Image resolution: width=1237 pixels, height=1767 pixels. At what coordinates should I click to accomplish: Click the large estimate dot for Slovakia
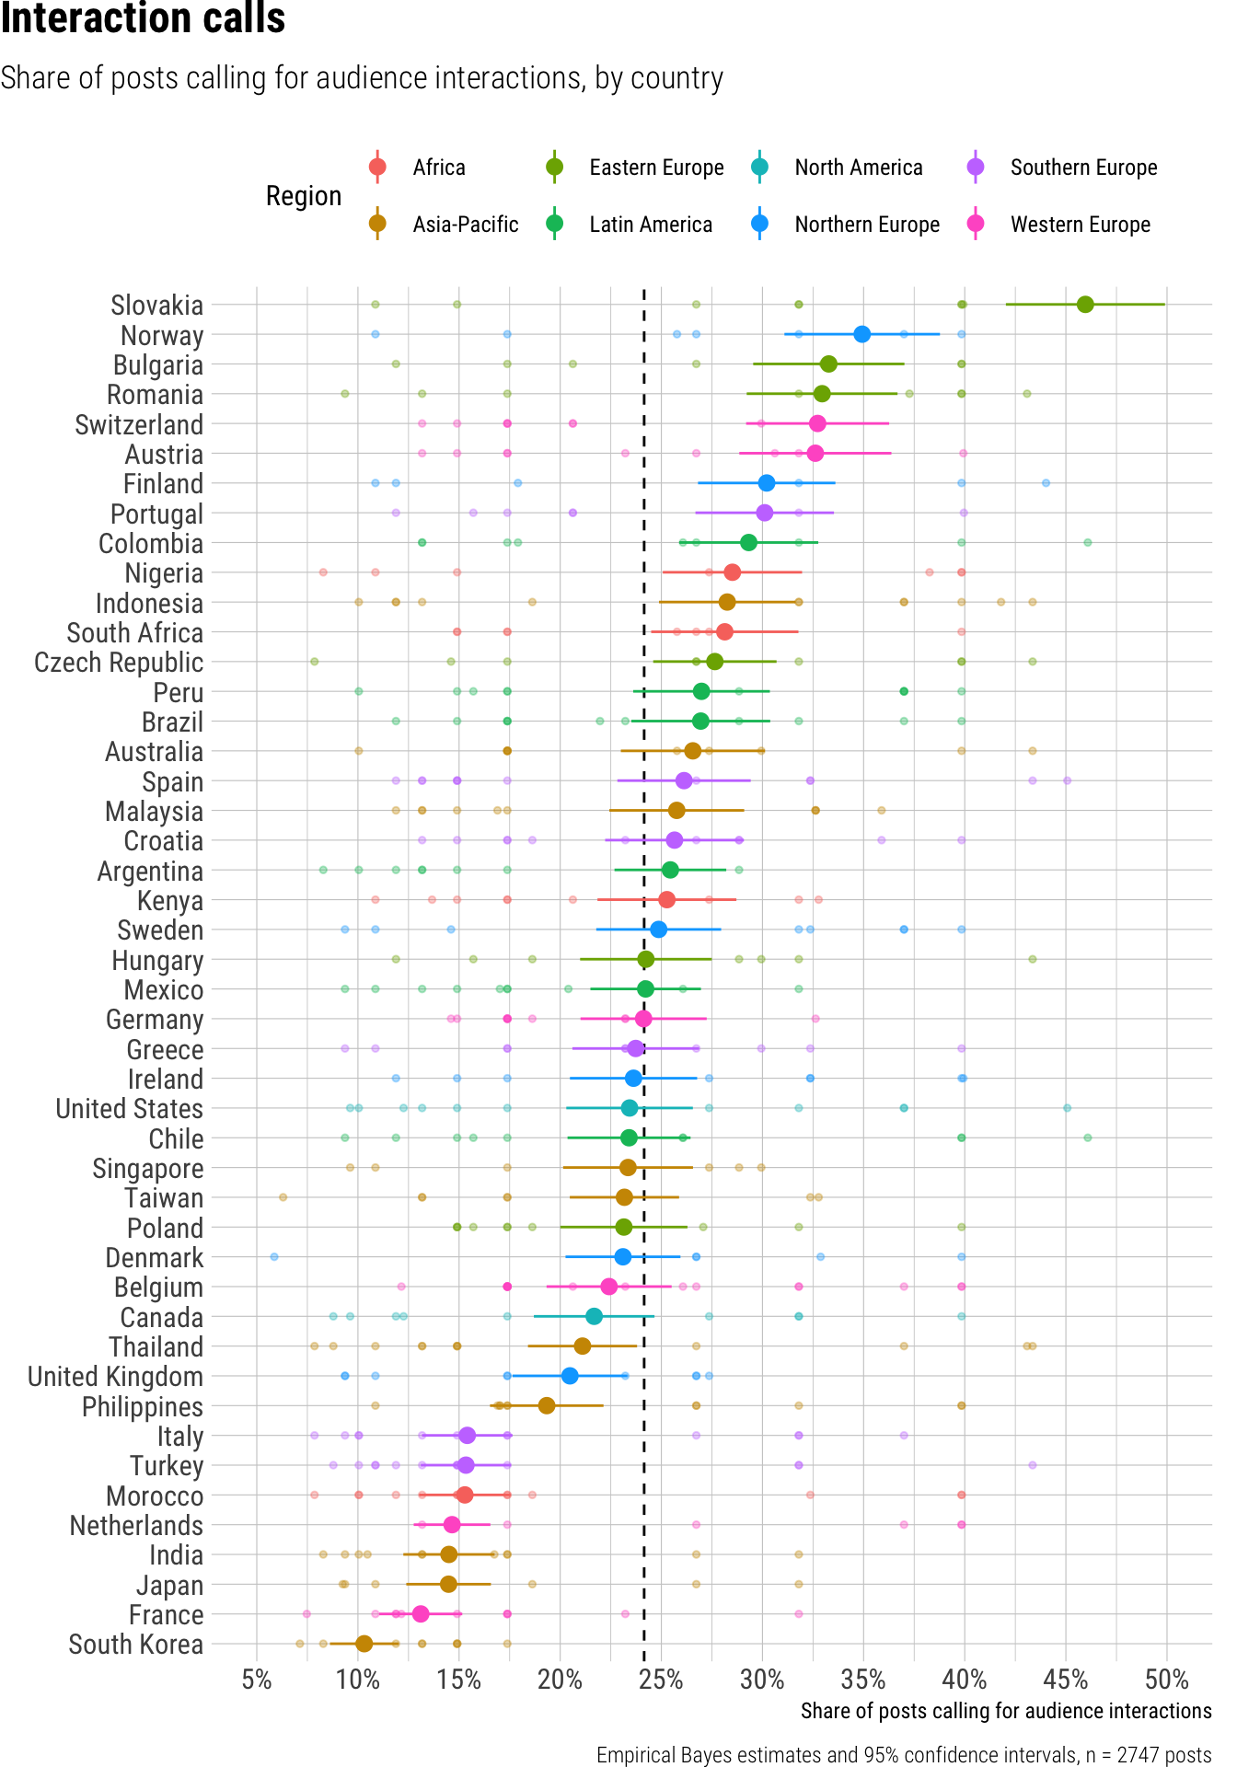click(x=1085, y=305)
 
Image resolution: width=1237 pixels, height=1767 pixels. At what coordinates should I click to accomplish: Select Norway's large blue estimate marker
click(x=861, y=334)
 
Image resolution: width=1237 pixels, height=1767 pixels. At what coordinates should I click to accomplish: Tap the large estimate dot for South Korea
click(x=364, y=1644)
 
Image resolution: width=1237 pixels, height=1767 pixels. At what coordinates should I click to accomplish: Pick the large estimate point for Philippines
click(x=547, y=1405)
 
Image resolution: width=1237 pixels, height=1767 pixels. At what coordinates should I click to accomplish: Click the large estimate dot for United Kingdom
click(x=570, y=1376)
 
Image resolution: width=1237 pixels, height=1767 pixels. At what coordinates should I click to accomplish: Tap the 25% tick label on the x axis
click(x=661, y=1680)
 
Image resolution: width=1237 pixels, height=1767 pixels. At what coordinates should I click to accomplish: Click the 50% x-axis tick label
click(x=1166, y=1680)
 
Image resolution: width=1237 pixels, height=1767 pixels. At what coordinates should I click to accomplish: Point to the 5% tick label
click(x=257, y=1680)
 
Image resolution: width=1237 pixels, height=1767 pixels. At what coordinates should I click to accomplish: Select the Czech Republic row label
click(x=119, y=663)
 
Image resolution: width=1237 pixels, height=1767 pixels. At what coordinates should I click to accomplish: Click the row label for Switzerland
click(x=139, y=425)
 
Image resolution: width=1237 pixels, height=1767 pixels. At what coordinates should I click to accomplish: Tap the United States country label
click(x=129, y=1109)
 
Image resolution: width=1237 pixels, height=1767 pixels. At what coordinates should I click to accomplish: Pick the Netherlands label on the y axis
click(x=136, y=1526)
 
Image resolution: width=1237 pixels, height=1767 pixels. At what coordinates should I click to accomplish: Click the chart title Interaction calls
click(x=143, y=18)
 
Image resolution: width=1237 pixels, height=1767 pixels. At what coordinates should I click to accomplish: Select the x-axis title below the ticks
click(x=1005, y=1711)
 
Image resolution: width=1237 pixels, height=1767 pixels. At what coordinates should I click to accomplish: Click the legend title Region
click(x=304, y=196)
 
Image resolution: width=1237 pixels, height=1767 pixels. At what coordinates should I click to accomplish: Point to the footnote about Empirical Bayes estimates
click(x=903, y=1755)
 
